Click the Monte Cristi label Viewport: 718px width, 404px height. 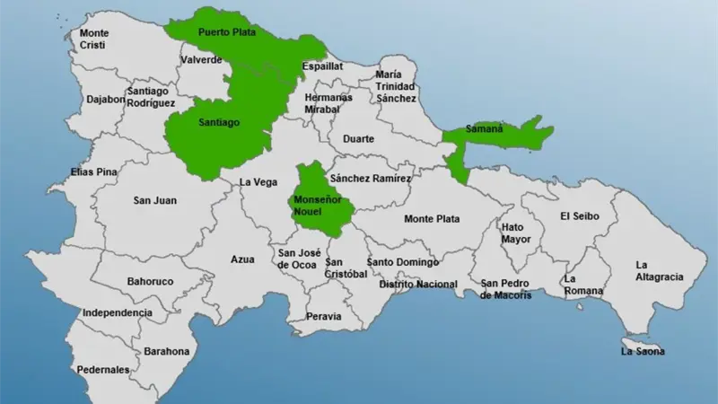click(x=94, y=39)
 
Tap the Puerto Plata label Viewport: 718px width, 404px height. click(x=226, y=32)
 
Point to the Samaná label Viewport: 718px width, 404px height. click(x=485, y=129)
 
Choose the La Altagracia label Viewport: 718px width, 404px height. click(x=659, y=270)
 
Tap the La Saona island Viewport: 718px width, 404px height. click(x=643, y=346)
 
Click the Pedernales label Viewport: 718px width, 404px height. click(x=103, y=370)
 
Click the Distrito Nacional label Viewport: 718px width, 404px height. click(x=417, y=285)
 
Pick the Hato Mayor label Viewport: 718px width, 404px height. click(x=516, y=233)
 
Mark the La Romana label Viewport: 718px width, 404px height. click(x=582, y=285)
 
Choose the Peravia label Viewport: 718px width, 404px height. click(x=323, y=316)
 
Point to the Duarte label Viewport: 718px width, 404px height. click(x=358, y=139)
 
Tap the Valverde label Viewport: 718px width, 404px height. click(x=201, y=59)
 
